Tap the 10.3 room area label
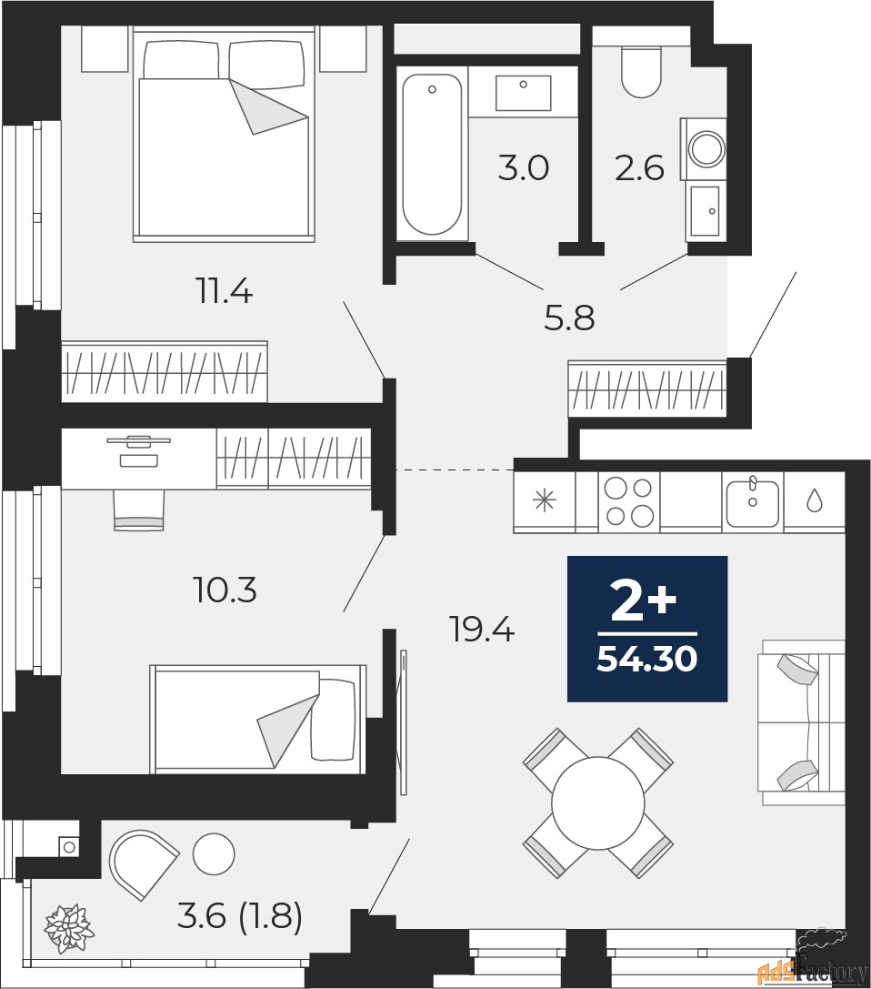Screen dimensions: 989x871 point(225,590)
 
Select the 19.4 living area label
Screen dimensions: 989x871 point(482,628)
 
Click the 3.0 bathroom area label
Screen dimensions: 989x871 point(524,168)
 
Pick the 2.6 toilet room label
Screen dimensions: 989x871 point(639,168)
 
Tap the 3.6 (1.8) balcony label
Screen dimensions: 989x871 point(238,916)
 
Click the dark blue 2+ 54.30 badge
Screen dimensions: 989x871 point(647,629)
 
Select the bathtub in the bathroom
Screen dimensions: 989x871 point(432,155)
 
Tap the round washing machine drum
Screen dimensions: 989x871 point(706,146)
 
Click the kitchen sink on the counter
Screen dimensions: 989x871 point(752,500)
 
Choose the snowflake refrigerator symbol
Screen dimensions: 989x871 point(544,500)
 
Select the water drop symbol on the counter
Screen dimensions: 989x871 point(814,500)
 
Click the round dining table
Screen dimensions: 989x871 point(597,802)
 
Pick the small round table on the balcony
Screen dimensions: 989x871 point(215,853)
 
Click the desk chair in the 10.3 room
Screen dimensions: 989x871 point(138,510)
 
